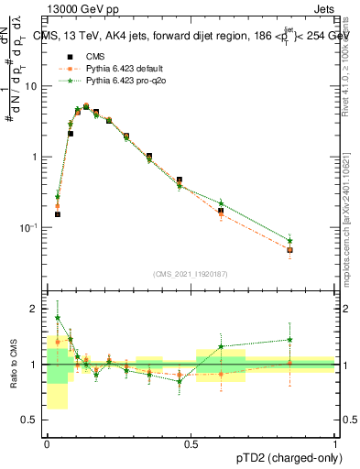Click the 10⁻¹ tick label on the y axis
[31, 227]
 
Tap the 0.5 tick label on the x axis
[191, 443]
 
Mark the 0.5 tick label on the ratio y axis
[33, 420]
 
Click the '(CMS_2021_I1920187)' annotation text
[191, 274]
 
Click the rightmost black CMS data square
[289, 250]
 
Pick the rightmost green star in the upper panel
[289, 240]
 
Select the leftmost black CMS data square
[57, 214]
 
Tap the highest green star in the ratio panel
[57, 318]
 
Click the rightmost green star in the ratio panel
[289, 340]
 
